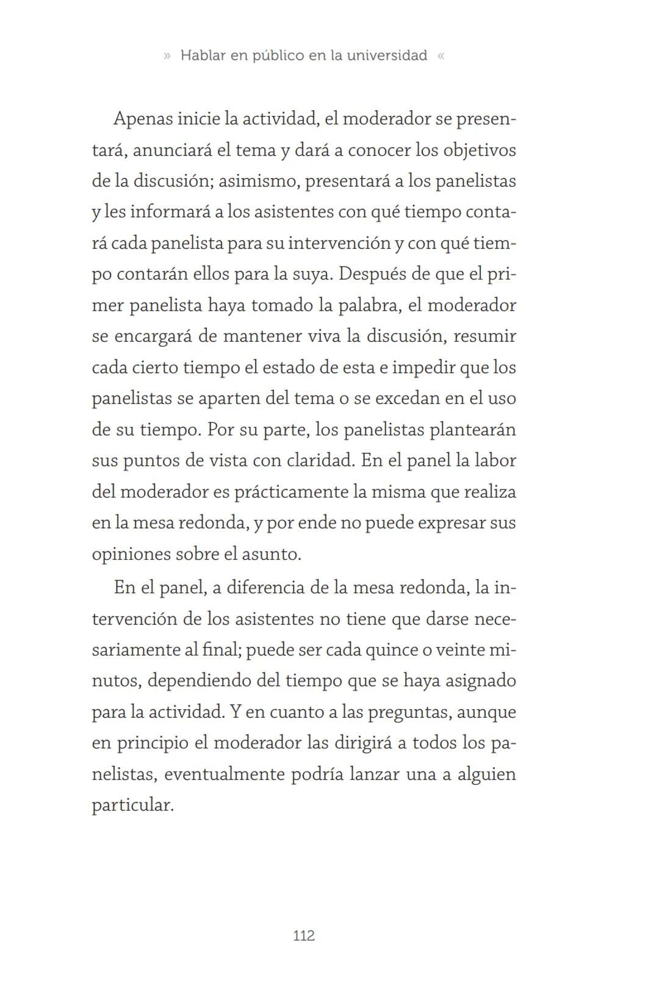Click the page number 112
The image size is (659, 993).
pos(304,936)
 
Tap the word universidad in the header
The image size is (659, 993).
pos(387,56)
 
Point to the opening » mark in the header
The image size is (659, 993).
pos(167,56)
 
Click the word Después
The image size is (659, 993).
pos(372,274)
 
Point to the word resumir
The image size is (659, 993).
pos(485,336)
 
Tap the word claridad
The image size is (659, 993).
pos(320,461)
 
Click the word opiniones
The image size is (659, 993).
pos(131,555)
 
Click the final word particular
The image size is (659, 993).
pos(132,806)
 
